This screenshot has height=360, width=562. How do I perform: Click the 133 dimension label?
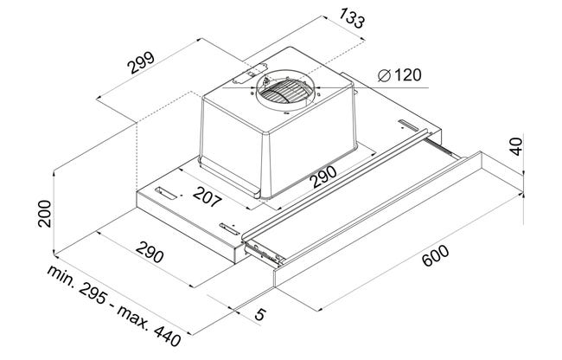coord(352,18)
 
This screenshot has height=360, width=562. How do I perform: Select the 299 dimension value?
coord(141,63)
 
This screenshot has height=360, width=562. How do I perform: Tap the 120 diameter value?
coord(407,75)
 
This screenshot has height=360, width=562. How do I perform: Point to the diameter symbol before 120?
coord(384,75)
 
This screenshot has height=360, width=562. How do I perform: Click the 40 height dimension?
coord(516,146)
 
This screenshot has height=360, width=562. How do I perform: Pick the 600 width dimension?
coord(436,255)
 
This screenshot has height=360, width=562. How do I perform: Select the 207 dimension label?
coord(207,196)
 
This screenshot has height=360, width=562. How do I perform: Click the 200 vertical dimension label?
coord(45,214)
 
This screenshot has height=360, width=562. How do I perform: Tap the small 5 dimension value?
coord(260,314)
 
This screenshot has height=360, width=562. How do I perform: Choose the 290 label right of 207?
coord(325,177)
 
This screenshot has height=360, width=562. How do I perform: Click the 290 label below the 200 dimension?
coord(150,252)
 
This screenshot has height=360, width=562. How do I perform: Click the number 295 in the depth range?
coord(93,292)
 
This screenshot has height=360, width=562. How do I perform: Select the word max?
coord(132,315)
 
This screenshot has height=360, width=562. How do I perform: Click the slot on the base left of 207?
coord(166,193)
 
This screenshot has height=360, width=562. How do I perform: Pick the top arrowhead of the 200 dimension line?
coord(54,173)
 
